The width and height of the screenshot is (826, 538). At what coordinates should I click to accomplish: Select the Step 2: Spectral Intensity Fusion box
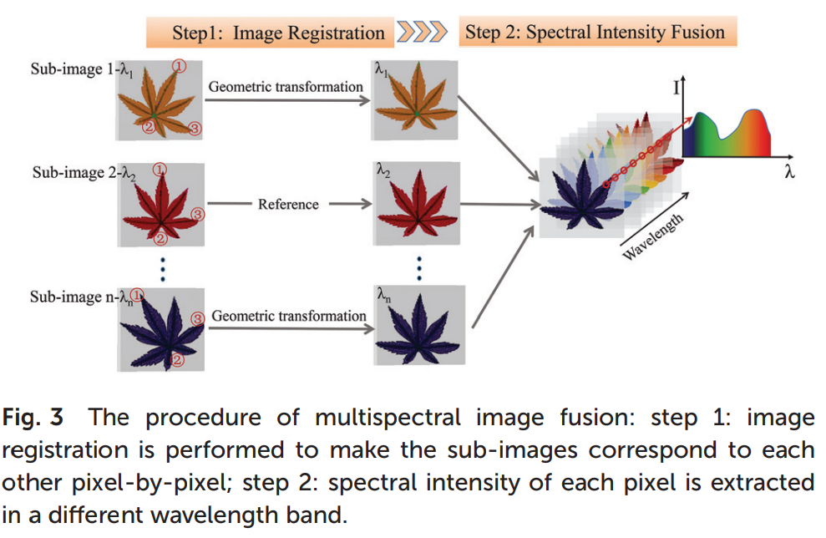[x=594, y=33]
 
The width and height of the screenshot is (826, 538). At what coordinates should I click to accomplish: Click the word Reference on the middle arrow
[x=288, y=204]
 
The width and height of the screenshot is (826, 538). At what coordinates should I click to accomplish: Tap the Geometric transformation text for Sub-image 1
[x=286, y=87]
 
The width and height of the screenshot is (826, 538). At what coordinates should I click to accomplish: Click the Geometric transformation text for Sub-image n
[x=288, y=316]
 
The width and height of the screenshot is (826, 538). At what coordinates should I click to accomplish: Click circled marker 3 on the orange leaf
[x=195, y=128]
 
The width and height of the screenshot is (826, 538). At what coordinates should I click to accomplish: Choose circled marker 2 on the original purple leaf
[x=176, y=359]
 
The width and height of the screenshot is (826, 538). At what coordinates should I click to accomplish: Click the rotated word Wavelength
[x=654, y=237]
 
